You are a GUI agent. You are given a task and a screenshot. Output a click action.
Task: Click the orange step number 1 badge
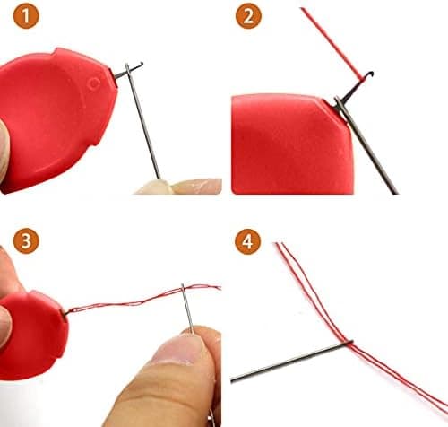pyautogui.click(x=26, y=16)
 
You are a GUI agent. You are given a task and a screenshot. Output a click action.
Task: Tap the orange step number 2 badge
pyautogui.click(x=248, y=16)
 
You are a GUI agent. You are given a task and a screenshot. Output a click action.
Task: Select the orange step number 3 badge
pyautogui.click(x=26, y=241)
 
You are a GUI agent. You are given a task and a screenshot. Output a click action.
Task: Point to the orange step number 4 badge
pyautogui.click(x=248, y=241)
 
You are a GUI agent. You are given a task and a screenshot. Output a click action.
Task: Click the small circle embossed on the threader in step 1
pyautogui.click(x=94, y=83)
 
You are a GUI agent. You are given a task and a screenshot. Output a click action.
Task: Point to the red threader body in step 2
pyautogui.click(x=292, y=144)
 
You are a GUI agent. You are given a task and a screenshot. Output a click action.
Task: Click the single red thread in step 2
pyautogui.click(x=332, y=44)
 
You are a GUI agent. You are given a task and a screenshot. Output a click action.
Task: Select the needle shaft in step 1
pyautogui.click(x=142, y=121)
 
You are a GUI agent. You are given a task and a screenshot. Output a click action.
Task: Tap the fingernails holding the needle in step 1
pyautogui.click(x=178, y=187)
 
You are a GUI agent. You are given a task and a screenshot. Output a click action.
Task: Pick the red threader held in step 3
pyautogui.click(x=34, y=335)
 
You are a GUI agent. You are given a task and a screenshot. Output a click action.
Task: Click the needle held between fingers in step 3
pyautogui.click(x=187, y=309)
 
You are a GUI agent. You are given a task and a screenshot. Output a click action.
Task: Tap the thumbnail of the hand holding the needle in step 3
pyautogui.click(x=177, y=349)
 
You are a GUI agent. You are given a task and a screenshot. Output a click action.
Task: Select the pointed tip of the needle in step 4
pyautogui.click(x=232, y=381)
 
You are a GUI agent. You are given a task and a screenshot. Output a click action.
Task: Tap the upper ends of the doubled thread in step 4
pyautogui.click(x=280, y=244)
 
